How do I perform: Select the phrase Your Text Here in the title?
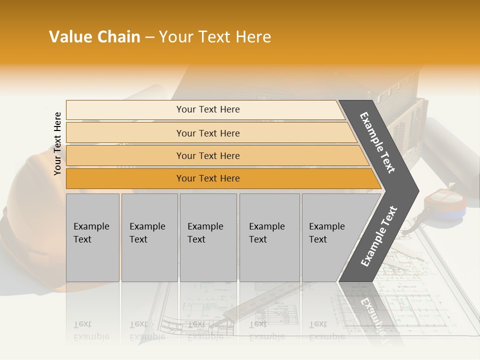pyautogui.click(x=215, y=37)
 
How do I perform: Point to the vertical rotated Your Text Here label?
pyautogui.click(x=57, y=143)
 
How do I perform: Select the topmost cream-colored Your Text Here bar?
pyautogui.click(x=208, y=109)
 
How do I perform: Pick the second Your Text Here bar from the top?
pyautogui.click(x=208, y=133)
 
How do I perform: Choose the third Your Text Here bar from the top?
pyautogui.click(x=208, y=155)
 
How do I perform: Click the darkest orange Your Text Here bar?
pyautogui.click(x=208, y=178)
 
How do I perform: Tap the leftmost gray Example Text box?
pyautogui.click(x=92, y=237)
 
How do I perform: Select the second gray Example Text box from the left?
pyautogui.click(x=149, y=237)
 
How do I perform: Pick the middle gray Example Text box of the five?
pyautogui.click(x=208, y=237)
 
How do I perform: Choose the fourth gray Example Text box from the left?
pyautogui.click(x=269, y=237)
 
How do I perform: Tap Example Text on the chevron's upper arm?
pyautogui.click(x=377, y=142)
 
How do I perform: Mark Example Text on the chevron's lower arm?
pyautogui.click(x=378, y=236)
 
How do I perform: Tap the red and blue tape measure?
pyautogui.click(x=444, y=205)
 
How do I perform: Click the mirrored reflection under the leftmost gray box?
pyautogui.click(x=92, y=320)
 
